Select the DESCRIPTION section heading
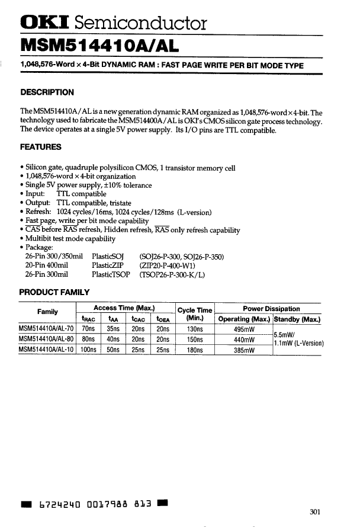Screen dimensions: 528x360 tap(47, 92)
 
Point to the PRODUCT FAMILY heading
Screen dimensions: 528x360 tap(54, 292)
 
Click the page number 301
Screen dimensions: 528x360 tap(316, 512)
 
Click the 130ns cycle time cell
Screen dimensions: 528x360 tap(195, 330)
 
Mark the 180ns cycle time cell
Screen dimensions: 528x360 tap(195, 350)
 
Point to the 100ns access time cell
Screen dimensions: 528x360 tap(89, 350)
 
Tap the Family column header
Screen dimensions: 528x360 tap(47, 313)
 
